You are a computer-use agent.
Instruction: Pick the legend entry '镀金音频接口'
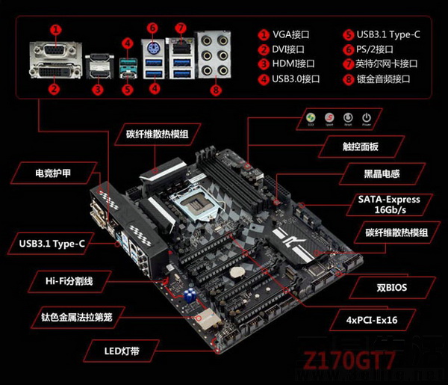(382, 78)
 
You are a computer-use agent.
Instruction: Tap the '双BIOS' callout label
(391, 286)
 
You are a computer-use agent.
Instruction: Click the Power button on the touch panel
(366, 119)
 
